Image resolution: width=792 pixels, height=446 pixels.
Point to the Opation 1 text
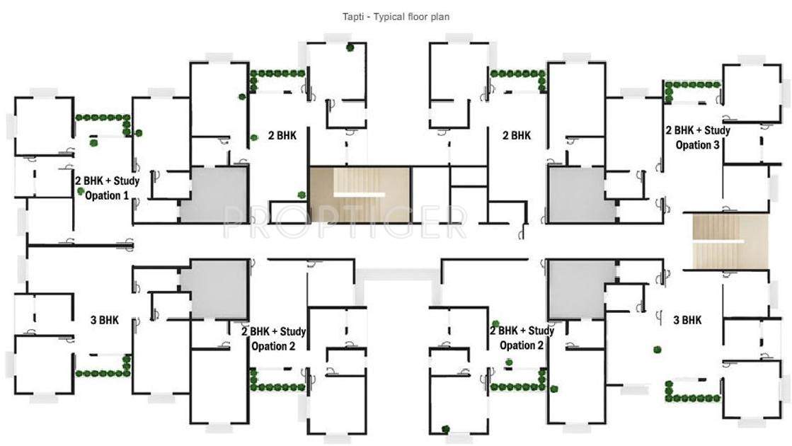tap(107, 195)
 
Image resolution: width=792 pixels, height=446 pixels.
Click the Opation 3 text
tap(698, 145)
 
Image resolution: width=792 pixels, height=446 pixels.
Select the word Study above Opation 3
tap(716, 130)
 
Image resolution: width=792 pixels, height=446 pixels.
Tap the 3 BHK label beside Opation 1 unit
tap(105, 320)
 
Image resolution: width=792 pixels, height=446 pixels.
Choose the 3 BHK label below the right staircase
tap(687, 320)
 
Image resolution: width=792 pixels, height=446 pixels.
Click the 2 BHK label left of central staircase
tap(282, 135)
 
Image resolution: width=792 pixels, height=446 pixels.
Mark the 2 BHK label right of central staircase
tap(516, 135)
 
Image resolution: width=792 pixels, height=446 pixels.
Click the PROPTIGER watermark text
tap(345, 222)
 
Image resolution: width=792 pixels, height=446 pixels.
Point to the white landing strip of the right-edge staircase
tap(718, 242)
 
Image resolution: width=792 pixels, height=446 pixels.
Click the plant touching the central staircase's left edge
tap(302, 195)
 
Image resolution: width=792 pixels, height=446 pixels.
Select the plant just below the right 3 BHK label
tap(658, 348)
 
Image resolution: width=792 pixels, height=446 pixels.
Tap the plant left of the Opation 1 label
tap(81, 192)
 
